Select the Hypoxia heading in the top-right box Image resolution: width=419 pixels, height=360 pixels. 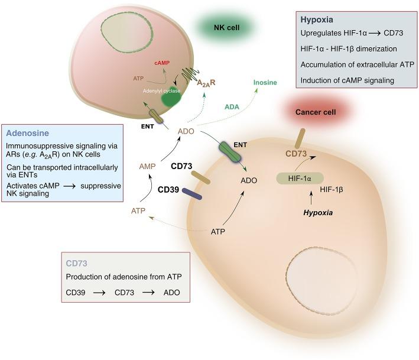(318, 19)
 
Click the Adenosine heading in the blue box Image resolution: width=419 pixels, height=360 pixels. (28, 134)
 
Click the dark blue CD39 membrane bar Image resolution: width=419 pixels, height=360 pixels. (192, 193)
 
